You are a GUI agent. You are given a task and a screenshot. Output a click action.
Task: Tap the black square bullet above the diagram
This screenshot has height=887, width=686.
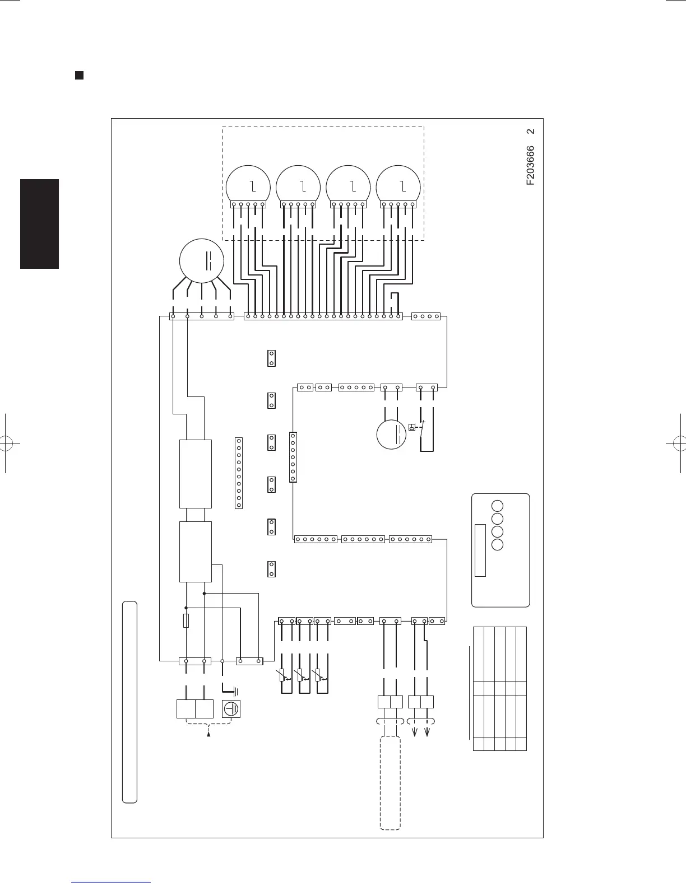coord(79,76)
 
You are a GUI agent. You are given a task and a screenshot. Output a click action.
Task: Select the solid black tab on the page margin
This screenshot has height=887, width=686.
coord(39,224)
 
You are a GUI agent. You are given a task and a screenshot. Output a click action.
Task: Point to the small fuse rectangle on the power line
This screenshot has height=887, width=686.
coord(186,620)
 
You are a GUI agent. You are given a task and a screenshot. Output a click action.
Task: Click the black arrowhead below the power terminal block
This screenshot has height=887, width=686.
coord(209,734)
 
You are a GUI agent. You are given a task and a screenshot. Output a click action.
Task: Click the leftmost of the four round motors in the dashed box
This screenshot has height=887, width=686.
coord(248,186)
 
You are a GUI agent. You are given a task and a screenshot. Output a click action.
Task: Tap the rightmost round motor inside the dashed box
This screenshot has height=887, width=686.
coord(398,186)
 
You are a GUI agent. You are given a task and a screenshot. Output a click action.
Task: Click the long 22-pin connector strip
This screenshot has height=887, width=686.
coord(323,316)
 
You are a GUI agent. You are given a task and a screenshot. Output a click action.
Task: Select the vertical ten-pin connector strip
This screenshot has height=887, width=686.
coord(239,473)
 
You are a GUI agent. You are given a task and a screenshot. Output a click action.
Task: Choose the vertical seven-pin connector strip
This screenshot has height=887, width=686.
coord(293,456)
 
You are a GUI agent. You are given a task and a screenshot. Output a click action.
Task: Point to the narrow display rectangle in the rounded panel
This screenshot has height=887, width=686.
coord(480,550)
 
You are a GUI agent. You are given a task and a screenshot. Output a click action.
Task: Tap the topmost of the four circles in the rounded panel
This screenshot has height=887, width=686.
coord(498,505)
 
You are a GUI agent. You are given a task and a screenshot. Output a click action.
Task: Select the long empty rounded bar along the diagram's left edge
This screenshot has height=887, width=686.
coord(129,703)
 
